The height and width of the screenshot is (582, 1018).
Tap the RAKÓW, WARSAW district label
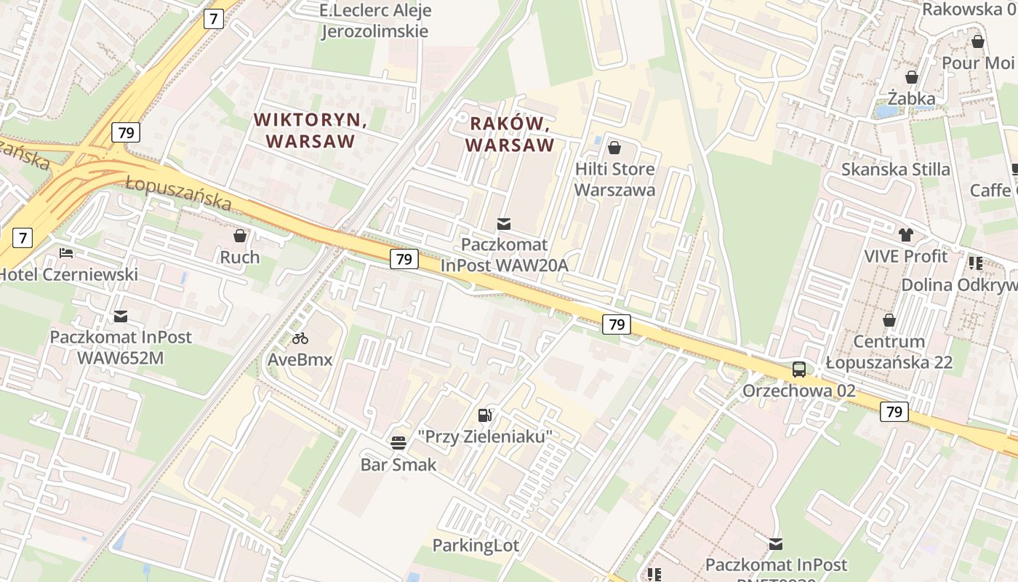pos(509,135)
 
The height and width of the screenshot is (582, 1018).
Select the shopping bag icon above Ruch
pos(240,236)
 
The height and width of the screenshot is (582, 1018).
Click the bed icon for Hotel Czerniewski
pos(66,253)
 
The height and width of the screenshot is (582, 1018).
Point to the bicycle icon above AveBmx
pos(300,338)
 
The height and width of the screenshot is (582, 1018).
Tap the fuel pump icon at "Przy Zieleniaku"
pos(485,415)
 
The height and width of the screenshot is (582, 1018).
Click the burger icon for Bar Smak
pos(398,442)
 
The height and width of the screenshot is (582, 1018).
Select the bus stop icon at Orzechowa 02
pos(798,370)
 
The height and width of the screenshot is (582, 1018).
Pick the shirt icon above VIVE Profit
pos(905,234)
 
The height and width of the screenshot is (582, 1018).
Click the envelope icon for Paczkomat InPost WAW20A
pos(503,223)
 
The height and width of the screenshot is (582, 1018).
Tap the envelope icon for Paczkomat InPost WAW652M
pos(120,316)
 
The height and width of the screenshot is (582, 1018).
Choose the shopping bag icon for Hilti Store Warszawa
pos(614,148)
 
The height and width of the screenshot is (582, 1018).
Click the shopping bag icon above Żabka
pos(911,76)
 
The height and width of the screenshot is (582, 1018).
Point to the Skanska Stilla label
pos(895,170)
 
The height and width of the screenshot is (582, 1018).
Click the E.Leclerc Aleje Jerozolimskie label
pos(375,21)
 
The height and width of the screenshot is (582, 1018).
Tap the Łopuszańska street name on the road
pos(178,192)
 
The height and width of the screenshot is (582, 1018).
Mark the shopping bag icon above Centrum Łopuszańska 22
pos(889,320)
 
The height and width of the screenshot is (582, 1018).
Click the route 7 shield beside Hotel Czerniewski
pos(23,237)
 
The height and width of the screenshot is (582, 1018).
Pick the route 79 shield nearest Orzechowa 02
pos(894,412)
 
